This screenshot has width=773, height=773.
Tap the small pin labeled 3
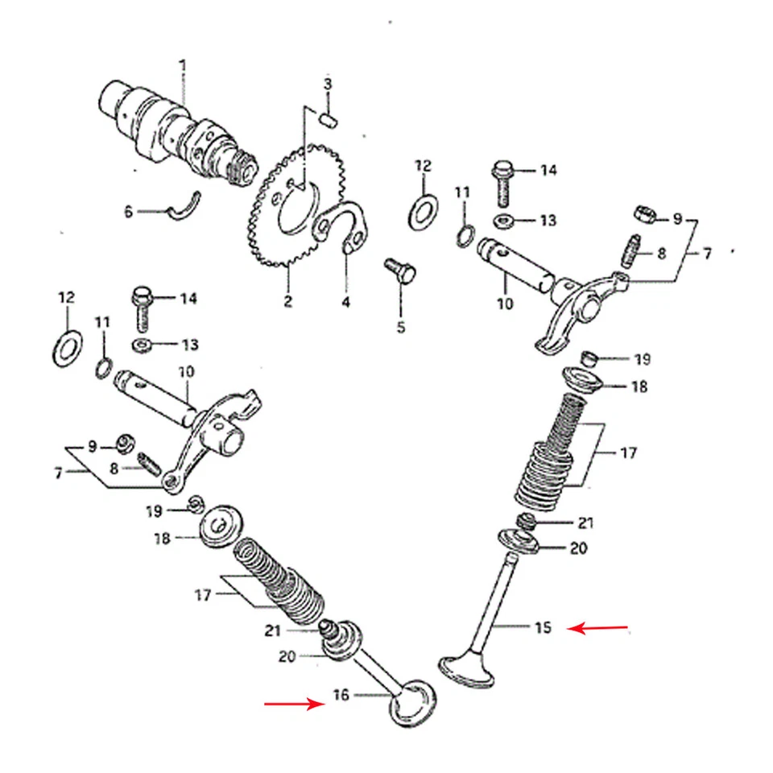coord(328,118)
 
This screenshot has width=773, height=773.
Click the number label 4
coord(345,302)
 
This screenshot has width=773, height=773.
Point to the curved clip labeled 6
coord(185,206)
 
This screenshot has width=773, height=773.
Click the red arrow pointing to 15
coord(597,626)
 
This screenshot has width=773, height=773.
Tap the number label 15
coord(544,627)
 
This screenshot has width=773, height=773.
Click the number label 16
coord(341,694)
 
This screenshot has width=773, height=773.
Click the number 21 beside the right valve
coord(585,523)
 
